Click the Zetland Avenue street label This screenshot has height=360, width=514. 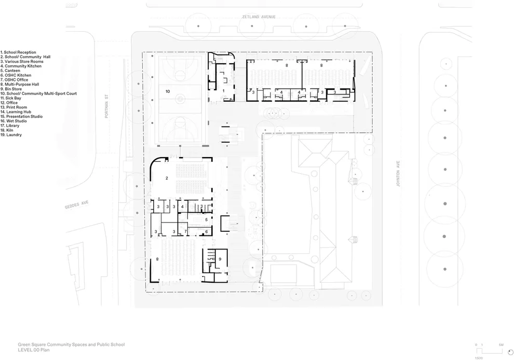[258, 17]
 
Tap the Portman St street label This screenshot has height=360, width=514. [107, 109]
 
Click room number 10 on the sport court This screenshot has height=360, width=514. [168, 91]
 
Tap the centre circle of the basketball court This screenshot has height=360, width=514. [181, 97]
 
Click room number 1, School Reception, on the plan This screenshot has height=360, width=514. [224, 91]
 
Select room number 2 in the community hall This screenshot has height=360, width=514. [167, 178]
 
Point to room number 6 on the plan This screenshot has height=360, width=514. [206, 231]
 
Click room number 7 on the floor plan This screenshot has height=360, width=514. [185, 231]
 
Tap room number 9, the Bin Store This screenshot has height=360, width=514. [220, 258]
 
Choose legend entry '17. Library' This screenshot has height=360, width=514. [10, 126]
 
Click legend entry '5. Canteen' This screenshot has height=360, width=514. [10, 71]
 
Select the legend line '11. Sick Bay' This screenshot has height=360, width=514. [11, 98]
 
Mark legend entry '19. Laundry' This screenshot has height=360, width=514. [11, 135]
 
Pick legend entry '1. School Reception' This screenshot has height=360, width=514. [18, 52]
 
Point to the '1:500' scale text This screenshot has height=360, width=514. [479, 357]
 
